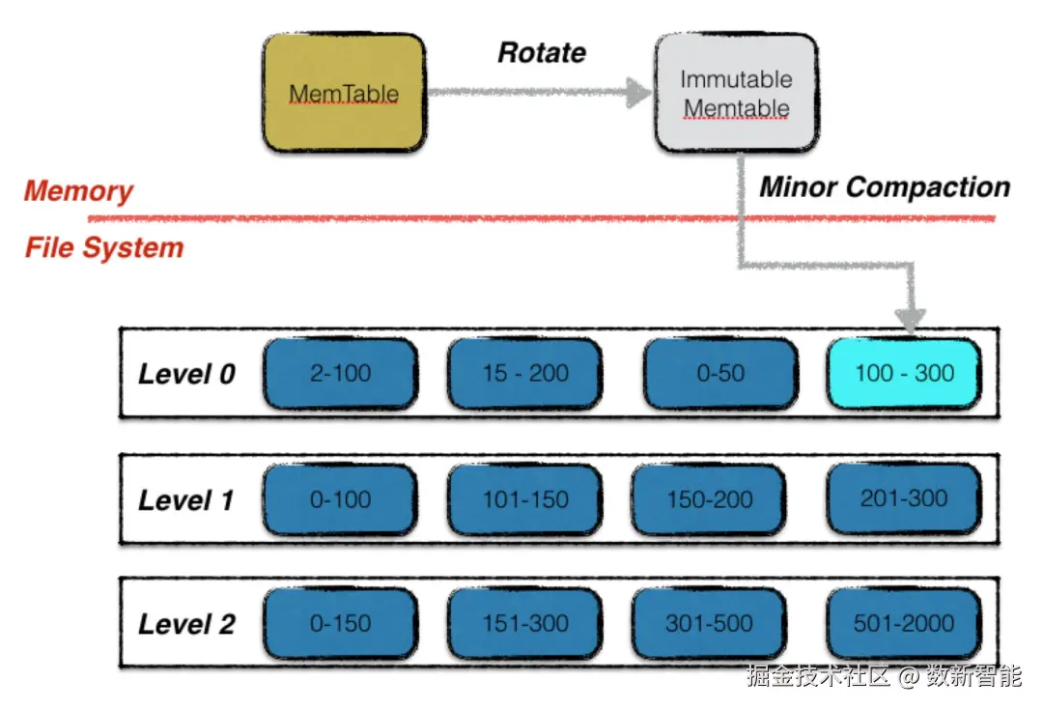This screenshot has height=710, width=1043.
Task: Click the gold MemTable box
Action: tap(344, 94)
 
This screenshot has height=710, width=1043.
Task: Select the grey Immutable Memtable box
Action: tap(736, 94)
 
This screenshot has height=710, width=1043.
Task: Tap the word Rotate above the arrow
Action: tap(541, 52)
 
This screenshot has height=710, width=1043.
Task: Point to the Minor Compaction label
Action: tap(884, 187)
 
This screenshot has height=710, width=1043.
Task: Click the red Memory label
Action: tap(78, 190)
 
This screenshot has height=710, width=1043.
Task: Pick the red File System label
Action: tap(104, 248)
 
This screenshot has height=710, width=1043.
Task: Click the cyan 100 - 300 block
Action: tap(904, 373)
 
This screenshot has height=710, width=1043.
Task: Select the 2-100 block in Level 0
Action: tap(340, 373)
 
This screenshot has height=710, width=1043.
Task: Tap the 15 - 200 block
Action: tap(524, 373)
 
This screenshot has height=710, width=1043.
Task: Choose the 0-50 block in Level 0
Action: tap(720, 373)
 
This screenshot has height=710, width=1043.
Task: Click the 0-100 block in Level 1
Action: tap(340, 499)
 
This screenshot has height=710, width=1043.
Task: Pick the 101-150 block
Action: tap(524, 499)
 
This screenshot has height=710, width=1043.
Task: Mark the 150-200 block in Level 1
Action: tap(709, 499)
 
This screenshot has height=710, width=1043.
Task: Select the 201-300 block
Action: tap(904, 498)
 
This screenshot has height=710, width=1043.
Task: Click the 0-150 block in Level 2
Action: tap(340, 623)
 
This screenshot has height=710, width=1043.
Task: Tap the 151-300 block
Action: tap(524, 623)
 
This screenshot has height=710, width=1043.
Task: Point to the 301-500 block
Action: tap(709, 623)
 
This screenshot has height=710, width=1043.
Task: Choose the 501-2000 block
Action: tap(904, 623)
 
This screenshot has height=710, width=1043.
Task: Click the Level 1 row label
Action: tap(186, 499)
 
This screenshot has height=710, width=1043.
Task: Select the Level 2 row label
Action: tap(186, 624)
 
